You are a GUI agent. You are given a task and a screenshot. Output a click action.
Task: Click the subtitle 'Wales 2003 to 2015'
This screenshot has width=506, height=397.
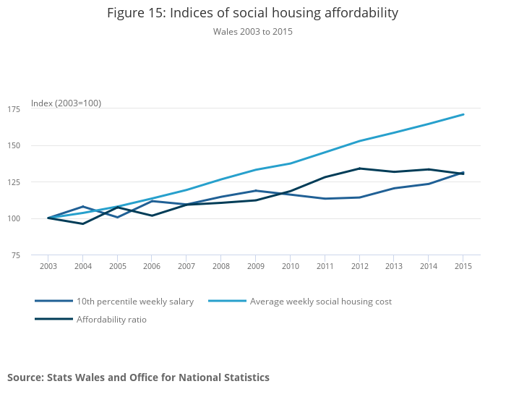click(252, 32)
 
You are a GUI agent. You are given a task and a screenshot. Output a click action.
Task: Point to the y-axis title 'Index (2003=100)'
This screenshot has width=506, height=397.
click(66, 103)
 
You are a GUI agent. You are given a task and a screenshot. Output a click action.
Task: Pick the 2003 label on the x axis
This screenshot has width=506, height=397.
click(48, 267)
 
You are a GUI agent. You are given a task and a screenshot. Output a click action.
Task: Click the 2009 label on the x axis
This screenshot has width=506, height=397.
click(256, 267)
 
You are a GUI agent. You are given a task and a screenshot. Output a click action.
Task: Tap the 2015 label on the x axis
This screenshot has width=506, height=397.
click(463, 267)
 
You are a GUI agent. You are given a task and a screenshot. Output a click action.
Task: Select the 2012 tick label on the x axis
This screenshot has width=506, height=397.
click(359, 267)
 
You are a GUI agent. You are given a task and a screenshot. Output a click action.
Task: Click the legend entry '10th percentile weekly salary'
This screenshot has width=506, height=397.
click(135, 302)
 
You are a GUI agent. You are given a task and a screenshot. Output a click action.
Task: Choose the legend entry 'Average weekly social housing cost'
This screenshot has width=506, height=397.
click(320, 302)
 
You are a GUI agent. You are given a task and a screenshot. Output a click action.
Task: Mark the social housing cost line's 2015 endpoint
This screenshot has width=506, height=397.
click(463, 114)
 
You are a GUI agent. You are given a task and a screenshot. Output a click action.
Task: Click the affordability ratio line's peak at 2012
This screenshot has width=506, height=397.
click(359, 168)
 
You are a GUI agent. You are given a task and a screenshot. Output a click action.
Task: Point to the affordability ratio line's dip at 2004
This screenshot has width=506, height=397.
click(83, 223)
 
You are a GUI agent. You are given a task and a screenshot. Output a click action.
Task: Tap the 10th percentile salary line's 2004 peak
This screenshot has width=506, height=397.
click(83, 207)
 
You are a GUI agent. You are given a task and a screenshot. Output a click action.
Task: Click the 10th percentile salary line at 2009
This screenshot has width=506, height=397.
click(256, 191)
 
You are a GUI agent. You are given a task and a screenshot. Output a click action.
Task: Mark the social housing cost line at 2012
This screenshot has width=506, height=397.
click(359, 141)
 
